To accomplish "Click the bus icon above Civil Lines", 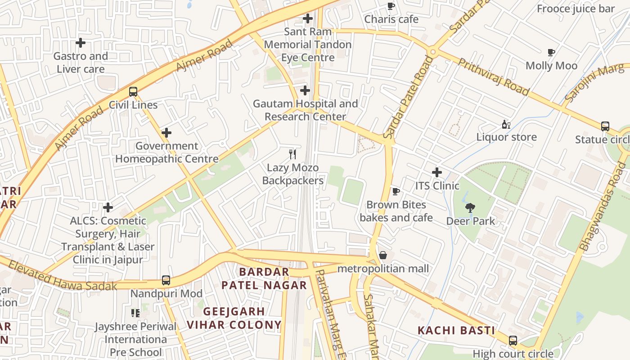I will pos(133,92).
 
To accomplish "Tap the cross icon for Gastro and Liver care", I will pos(81,43).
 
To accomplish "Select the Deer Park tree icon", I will pos(470,207).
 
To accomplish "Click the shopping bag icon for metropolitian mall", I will pos(383,256).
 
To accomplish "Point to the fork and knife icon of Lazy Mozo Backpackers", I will pos(292,154).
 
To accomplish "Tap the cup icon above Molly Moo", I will pos(551,53).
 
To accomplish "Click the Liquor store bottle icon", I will pos(506,124).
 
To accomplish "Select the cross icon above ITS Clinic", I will pos(436,172).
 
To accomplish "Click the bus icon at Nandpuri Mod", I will pos(166,280).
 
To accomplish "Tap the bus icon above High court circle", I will pos(513,341).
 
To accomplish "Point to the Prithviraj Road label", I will pos(493,76).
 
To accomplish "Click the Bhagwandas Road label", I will pos(603,207).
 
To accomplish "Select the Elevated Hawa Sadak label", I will pos(63,275).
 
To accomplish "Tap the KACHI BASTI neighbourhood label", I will pos(456,331).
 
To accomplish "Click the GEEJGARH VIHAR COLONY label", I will pos(234,318).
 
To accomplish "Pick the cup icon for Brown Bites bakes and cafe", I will pos(396,192).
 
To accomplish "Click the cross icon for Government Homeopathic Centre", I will pos(166,133).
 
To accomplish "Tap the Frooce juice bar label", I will pos(576,9).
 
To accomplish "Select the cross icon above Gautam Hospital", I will pos(305,90).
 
